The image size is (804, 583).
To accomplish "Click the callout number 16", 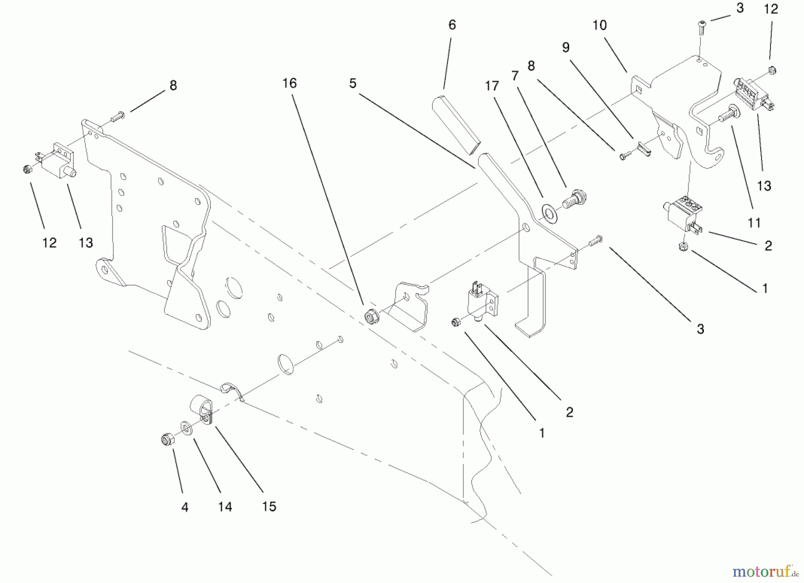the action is click(289, 83).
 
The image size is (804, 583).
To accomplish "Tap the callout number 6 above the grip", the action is click(452, 25).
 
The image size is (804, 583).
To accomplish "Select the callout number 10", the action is click(599, 25).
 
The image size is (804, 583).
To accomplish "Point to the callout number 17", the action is click(492, 86).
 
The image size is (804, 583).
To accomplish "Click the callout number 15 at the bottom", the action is click(269, 507).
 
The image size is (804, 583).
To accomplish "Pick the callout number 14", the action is click(225, 507).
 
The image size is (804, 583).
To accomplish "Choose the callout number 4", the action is click(184, 507).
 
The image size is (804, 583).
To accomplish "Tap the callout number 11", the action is click(754, 222).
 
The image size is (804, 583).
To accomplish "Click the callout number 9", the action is click(566, 47).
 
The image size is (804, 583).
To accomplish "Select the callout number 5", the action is click(353, 84).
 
